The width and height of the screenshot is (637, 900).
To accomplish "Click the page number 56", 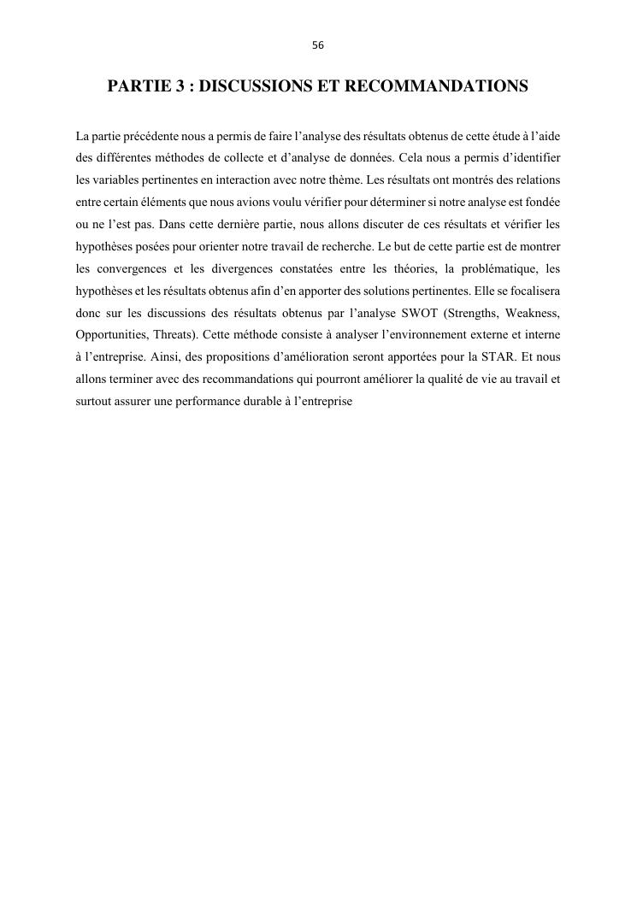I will coord(318,45).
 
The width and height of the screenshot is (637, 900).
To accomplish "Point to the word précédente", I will coord(139,136).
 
